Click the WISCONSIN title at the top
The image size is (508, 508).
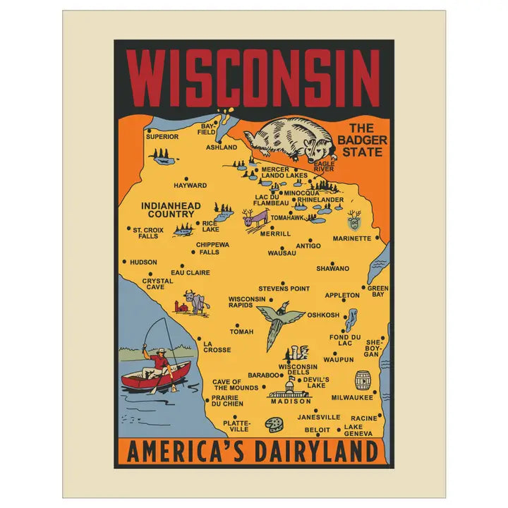point(253,76)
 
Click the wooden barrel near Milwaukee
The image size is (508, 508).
point(363,380)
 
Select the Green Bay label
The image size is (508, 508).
point(377,291)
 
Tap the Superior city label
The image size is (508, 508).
point(162,136)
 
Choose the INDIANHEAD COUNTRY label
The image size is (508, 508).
point(171,210)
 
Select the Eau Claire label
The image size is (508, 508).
point(190,272)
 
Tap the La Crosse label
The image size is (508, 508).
point(217,346)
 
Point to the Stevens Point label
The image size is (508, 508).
point(284,289)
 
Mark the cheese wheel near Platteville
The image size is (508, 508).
point(273,425)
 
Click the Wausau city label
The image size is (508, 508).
point(282,252)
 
